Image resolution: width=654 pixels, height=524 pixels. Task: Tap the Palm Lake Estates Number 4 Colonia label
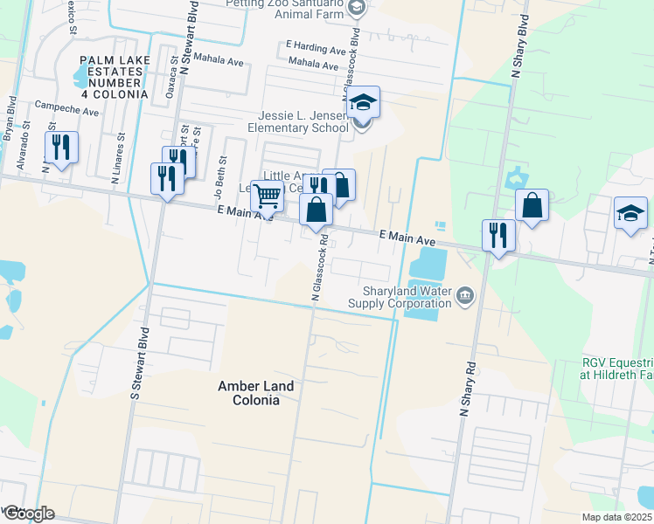tap(115, 76)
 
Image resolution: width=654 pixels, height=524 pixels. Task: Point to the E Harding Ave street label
tap(317, 50)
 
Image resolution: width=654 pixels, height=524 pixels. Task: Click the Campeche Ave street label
tap(66, 111)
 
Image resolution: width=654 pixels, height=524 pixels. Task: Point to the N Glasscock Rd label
tap(317, 267)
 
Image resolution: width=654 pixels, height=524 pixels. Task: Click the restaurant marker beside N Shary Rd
tap(497, 235)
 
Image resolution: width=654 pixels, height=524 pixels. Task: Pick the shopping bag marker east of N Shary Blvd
tap(532, 206)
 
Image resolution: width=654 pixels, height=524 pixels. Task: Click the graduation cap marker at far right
tap(631, 213)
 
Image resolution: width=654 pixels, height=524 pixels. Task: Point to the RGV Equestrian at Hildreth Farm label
tap(618, 368)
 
